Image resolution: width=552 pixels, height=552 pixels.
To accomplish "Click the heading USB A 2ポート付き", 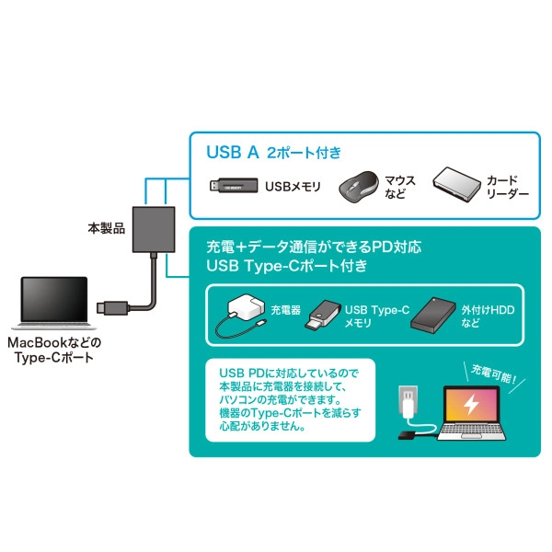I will tap(275, 154).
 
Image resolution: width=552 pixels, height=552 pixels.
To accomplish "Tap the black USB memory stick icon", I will tap(235, 186).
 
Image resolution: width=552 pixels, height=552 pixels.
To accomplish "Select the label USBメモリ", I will tap(293, 187).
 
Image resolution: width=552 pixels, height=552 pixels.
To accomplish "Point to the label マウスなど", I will tap(398, 186).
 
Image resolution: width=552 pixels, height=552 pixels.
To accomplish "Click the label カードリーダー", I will tap(507, 187).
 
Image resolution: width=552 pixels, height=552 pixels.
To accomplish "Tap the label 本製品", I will tap(107, 226).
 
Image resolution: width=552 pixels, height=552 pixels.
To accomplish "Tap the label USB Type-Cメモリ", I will tap(377, 317).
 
